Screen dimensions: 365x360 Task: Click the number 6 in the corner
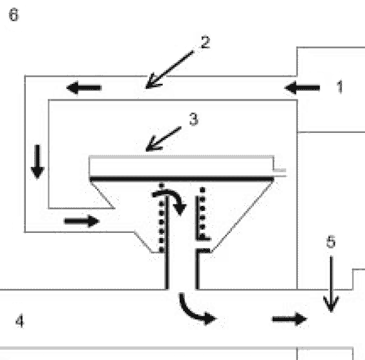14,15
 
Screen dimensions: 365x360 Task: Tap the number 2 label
205,42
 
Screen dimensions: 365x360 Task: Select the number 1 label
340,86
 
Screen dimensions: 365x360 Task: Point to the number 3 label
194,119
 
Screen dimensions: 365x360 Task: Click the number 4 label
20,321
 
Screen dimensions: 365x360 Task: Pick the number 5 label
331,241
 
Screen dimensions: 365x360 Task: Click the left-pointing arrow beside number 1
302,88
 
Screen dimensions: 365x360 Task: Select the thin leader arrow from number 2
169,70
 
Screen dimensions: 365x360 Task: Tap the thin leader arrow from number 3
163,139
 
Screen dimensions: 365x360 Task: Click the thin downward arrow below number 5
331,284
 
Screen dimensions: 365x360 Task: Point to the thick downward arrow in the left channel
37,162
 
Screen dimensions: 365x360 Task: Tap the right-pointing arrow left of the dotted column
81,221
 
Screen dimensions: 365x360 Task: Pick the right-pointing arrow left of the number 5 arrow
289,319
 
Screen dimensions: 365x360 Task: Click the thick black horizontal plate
182,179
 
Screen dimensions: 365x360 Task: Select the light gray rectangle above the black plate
182,166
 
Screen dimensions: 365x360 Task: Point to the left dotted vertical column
162,218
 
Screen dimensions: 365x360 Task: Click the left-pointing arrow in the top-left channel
84,88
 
